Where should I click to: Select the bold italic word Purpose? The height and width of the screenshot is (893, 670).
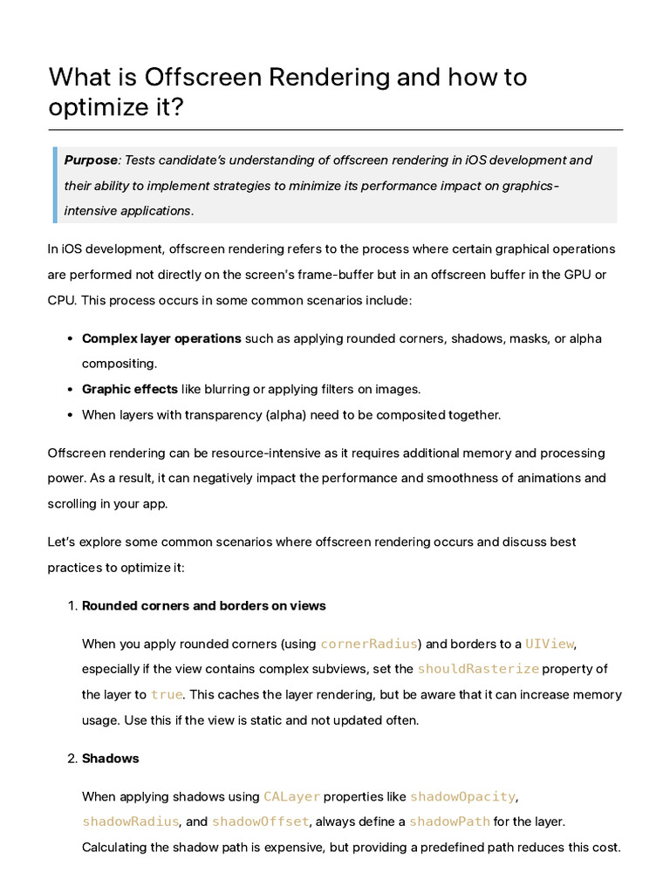(91, 160)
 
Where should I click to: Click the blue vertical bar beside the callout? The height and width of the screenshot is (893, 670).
(55, 185)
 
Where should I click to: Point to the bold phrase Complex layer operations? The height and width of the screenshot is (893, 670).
(161, 338)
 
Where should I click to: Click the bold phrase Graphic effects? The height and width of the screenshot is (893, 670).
(129, 389)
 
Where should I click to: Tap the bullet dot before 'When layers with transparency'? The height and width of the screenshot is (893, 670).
(69, 415)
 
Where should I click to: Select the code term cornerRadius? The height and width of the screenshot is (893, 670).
(368, 644)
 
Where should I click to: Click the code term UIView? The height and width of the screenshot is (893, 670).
(549, 644)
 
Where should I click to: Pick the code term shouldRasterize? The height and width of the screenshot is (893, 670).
(478, 670)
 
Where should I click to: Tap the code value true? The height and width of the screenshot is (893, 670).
(167, 695)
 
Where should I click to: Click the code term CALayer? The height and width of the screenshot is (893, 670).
(291, 796)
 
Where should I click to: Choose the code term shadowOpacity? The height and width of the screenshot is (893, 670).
(462, 796)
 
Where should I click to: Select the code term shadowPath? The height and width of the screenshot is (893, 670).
(449, 821)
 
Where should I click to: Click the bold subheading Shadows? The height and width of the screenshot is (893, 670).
(110, 759)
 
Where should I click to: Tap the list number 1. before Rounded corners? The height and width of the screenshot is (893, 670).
(72, 606)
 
